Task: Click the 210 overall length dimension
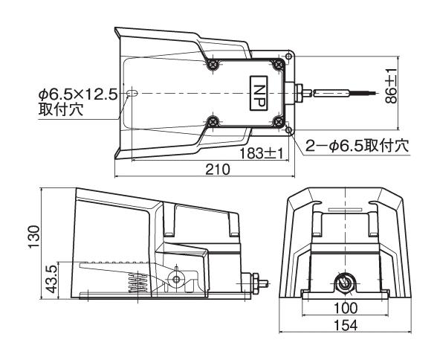click(218, 170)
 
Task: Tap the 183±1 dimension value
click(261, 153)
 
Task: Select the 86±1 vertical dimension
click(391, 86)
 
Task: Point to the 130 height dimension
click(34, 237)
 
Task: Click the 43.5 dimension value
click(52, 279)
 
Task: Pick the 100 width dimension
click(346, 308)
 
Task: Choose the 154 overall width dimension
click(346, 325)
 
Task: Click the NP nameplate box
click(259, 93)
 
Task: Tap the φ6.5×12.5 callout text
click(78, 95)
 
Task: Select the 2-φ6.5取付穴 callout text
click(357, 146)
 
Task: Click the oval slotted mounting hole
click(132, 93)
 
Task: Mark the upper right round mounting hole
click(289, 57)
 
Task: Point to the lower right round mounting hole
click(289, 130)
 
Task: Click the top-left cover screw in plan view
click(213, 65)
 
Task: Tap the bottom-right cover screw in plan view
click(278, 121)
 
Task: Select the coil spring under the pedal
click(138, 283)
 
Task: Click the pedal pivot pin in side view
click(176, 279)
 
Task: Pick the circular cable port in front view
click(345, 283)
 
